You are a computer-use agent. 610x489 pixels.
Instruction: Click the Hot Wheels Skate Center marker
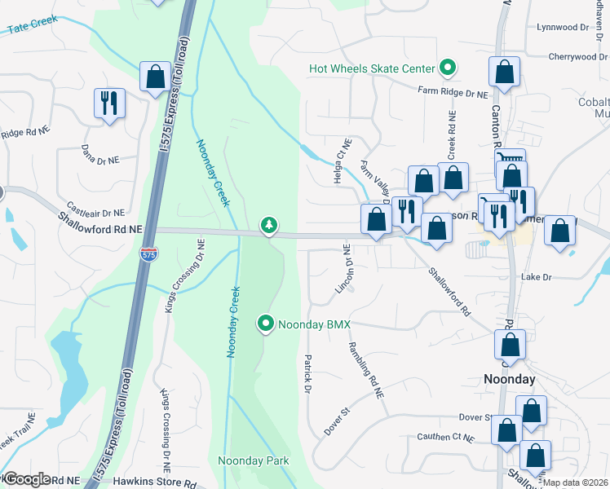[447, 68]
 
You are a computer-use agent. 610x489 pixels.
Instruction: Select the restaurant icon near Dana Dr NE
[109, 103]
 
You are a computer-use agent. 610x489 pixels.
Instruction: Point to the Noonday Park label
[254, 460]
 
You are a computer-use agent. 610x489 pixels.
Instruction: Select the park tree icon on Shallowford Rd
[268, 224]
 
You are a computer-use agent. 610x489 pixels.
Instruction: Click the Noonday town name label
[510, 379]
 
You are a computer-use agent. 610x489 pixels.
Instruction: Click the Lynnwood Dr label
[563, 27]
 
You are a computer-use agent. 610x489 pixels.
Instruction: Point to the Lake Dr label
[537, 277]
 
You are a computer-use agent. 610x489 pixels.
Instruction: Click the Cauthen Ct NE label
[444, 438]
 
